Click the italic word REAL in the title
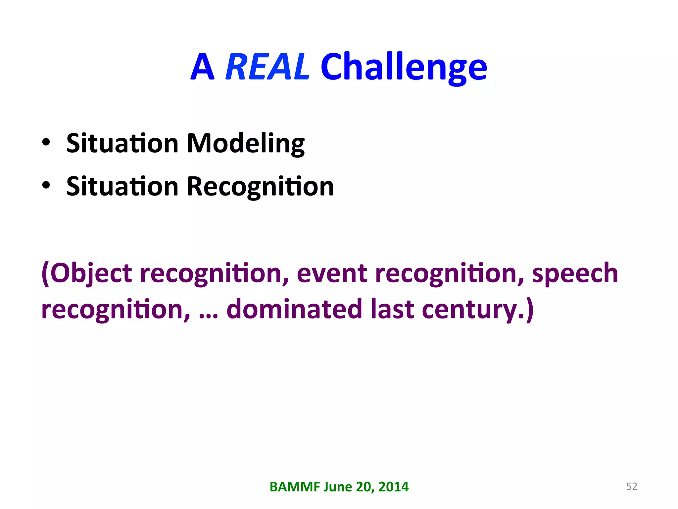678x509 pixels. coord(267,67)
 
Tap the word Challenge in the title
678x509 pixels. coord(404,67)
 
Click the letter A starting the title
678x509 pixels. coord(202,67)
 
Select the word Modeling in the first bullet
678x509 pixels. coord(245,143)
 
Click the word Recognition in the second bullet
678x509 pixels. coord(260,187)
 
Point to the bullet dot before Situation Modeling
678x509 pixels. coord(46,142)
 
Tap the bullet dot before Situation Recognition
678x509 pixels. coord(46,186)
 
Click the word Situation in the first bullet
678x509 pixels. coord(122,143)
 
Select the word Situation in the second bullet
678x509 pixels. coord(122,187)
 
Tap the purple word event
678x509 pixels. coord(332,273)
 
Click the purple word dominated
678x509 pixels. coord(294,309)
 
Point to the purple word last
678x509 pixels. coord(392,309)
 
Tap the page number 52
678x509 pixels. coord(632,486)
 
